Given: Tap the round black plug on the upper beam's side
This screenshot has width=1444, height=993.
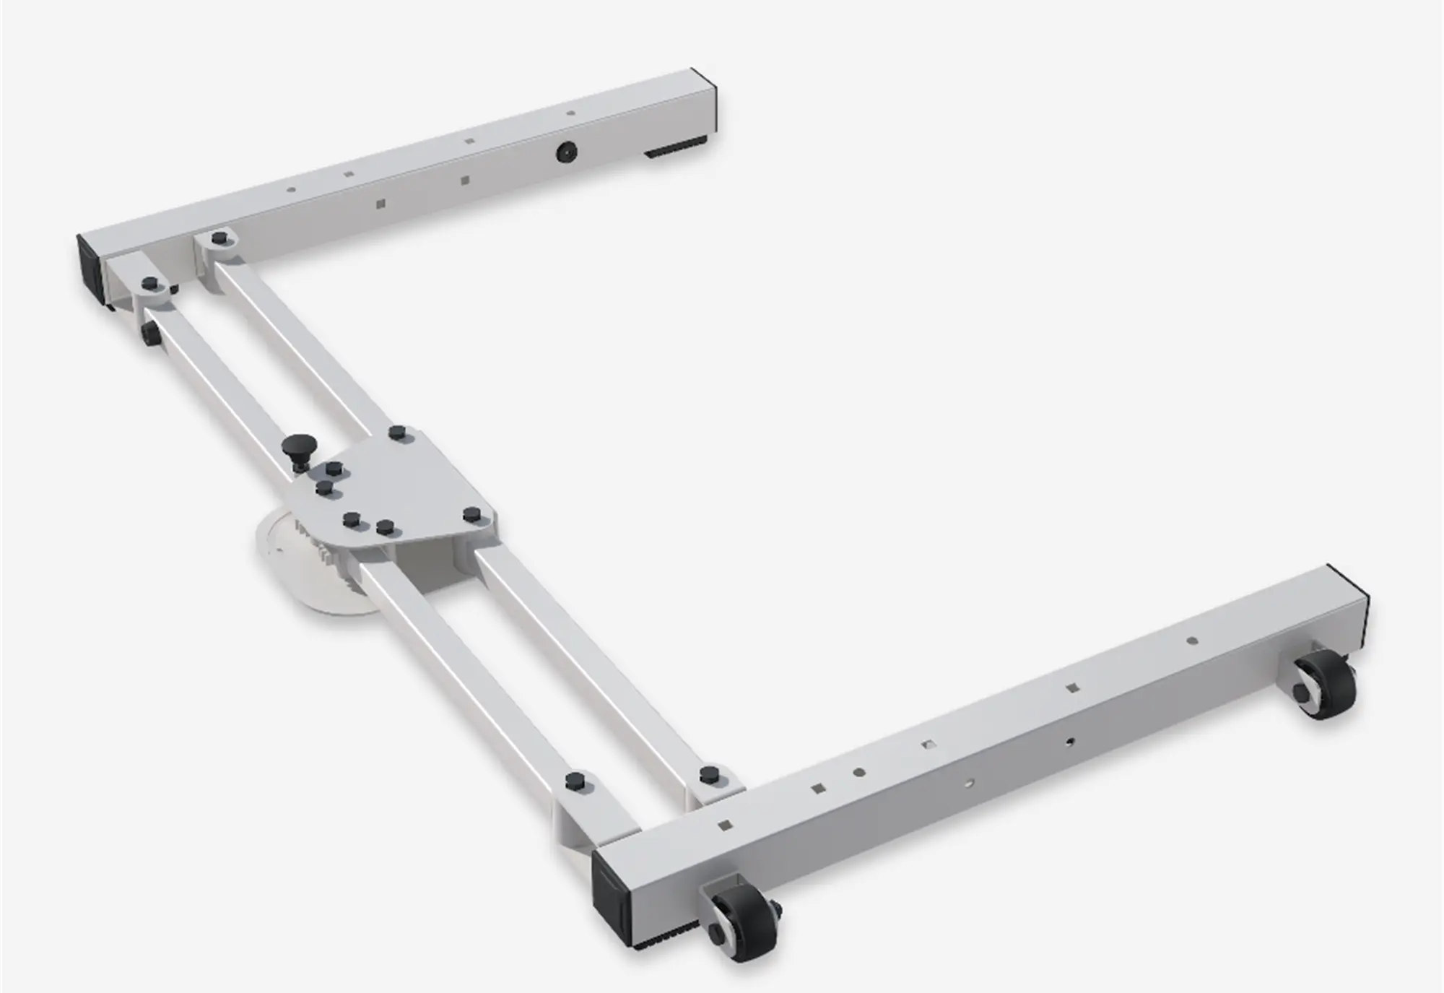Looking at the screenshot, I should click(x=566, y=152).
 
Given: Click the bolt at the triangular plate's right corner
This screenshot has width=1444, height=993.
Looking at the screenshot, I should click(x=472, y=515).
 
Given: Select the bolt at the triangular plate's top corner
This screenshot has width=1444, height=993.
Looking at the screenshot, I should click(x=396, y=433).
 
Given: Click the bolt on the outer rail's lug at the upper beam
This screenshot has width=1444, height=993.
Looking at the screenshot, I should click(x=150, y=283).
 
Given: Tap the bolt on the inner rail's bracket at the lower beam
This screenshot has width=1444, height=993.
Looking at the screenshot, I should click(x=709, y=773).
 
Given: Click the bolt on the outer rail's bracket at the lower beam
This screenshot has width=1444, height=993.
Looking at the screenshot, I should click(x=575, y=781).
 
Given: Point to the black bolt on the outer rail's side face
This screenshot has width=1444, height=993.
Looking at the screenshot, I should click(x=150, y=333).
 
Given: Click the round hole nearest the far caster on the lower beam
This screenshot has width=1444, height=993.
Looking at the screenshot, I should click(x=1191, y=641).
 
